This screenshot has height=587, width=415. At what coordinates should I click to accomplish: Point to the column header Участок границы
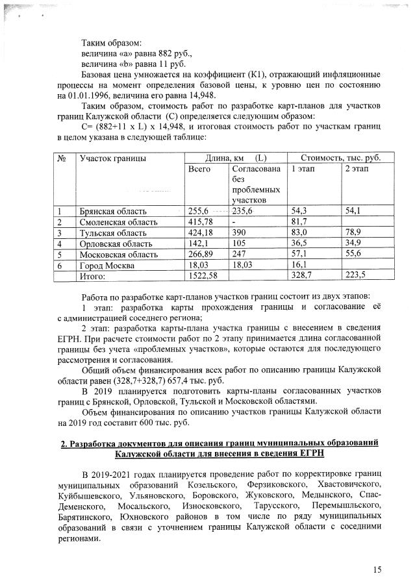pyautogui.click(x=112, y=158)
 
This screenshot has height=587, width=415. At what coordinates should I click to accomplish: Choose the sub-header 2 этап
pyautogui.click(x=356, y=169)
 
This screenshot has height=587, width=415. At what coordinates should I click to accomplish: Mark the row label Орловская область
pyautogui.click(x=115, y=244)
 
